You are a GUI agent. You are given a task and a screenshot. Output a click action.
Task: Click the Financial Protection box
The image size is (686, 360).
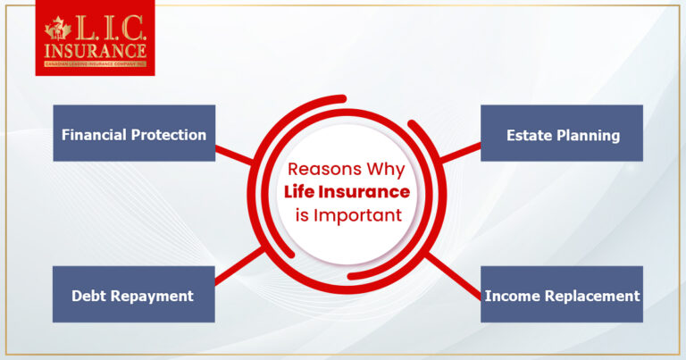tap(134, 133)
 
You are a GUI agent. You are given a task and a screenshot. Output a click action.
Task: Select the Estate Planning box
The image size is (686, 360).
tap(561, 133)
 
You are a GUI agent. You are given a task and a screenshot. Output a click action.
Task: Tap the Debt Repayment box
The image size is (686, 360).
tap(134, 294)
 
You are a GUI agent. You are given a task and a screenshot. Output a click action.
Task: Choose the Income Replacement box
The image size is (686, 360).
tap(561, 294)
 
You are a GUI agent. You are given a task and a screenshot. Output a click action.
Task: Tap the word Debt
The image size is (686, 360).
tap(91, 296)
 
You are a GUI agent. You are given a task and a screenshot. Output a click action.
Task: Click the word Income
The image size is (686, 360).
tap(509, 296)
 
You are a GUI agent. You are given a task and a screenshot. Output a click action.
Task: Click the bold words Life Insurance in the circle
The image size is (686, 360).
tap(346, 191)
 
